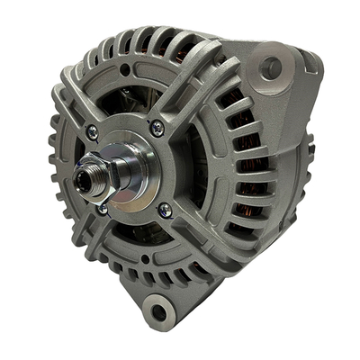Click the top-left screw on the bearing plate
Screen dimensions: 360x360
pos(92,132)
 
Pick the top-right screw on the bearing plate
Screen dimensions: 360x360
pos(157,129)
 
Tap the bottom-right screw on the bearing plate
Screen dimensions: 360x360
pos(164,211)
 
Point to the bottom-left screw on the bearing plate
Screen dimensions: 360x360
pos(103,209)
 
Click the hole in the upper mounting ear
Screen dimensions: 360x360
pos(269,67)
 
